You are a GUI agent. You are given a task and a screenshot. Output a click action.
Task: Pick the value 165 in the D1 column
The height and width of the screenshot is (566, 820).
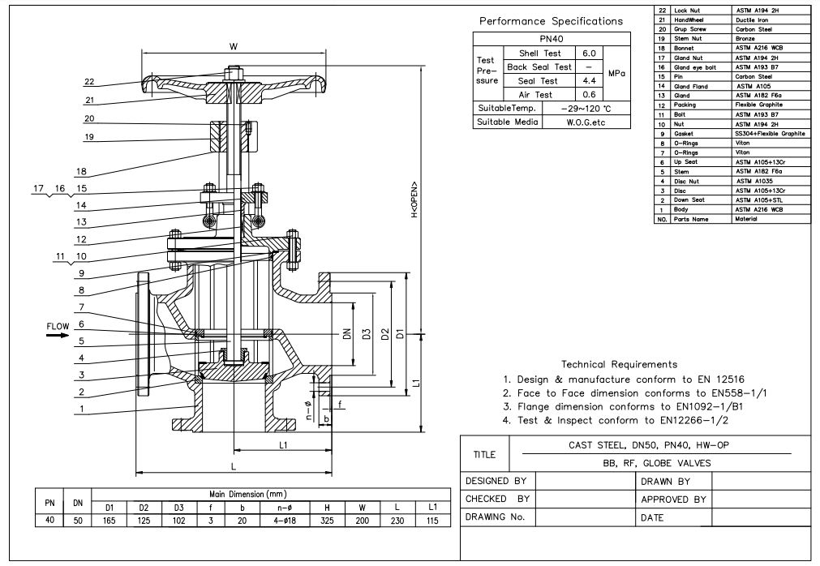pos(108,520)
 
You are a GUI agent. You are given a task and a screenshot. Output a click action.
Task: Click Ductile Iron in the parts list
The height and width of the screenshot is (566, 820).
pos(749,19)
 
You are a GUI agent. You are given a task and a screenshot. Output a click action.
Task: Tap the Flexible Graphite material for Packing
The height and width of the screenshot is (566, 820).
pos(758,105)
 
